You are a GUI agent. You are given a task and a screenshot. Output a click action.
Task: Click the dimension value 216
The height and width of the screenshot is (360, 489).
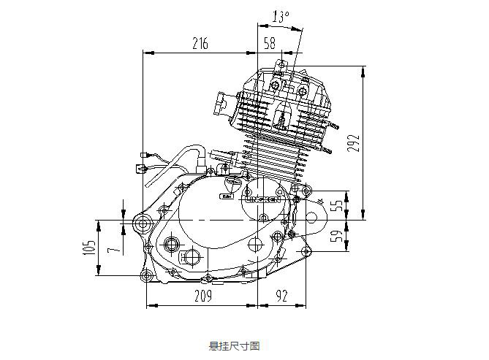[200, 44]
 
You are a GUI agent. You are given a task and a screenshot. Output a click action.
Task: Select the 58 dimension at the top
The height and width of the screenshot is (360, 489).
[269, 44]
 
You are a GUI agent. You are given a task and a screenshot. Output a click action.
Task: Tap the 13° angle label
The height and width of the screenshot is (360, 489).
[281, 15]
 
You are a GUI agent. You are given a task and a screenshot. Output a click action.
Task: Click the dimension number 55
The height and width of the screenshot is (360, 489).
[336, 206]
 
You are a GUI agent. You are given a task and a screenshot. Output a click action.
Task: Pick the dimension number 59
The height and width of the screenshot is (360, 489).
[336, 237]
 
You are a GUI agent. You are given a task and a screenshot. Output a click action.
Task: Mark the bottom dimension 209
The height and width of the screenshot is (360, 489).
[202, 296]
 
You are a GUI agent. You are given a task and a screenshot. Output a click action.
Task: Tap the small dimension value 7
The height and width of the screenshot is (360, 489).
[111, 250]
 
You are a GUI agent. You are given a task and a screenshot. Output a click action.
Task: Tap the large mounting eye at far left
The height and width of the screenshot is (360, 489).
[142, 221]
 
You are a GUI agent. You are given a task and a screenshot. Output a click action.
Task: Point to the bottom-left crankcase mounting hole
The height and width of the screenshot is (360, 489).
[147, 275]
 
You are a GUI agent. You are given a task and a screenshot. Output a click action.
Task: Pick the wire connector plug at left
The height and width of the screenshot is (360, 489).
[139, 169]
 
